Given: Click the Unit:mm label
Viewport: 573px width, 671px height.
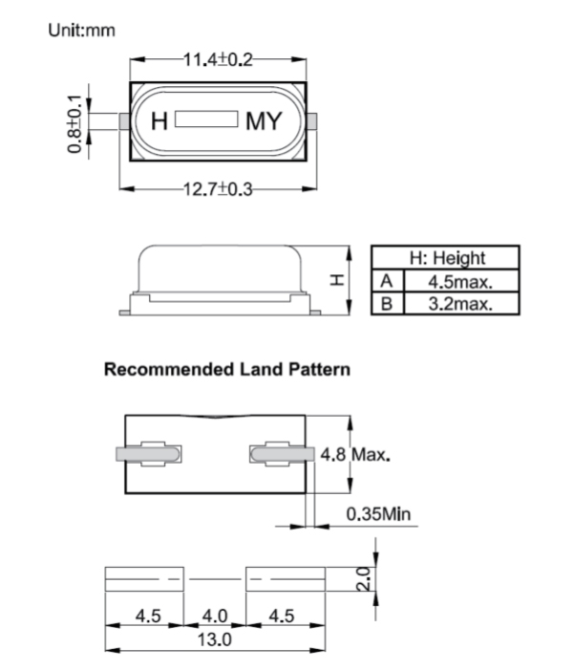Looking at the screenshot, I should click(81, 30).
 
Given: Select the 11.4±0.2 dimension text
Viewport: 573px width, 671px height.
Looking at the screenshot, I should click(219, 59).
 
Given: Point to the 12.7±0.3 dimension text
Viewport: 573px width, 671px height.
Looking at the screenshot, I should click(219, 189).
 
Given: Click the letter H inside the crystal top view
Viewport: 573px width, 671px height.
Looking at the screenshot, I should click(160, 121).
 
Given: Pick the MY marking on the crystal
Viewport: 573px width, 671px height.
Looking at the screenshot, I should click(265, 121).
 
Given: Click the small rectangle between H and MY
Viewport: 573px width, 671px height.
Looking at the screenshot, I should click(207, 120).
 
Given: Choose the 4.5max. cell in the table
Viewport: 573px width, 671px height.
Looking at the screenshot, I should click(459, 281).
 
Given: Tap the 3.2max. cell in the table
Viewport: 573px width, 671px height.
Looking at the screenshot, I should click(459, 304).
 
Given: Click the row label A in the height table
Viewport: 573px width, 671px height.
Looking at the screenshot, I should click(387, 281).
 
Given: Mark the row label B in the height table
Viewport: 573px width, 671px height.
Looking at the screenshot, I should click(387, 304).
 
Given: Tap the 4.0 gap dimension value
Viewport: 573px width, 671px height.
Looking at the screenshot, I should click(215, 616).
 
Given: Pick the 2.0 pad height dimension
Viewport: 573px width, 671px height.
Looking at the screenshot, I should click(362, 578).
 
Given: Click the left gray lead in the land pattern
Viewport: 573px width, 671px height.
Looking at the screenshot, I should click(148, 453).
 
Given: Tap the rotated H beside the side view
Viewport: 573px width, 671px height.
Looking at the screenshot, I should click(336, 279).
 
